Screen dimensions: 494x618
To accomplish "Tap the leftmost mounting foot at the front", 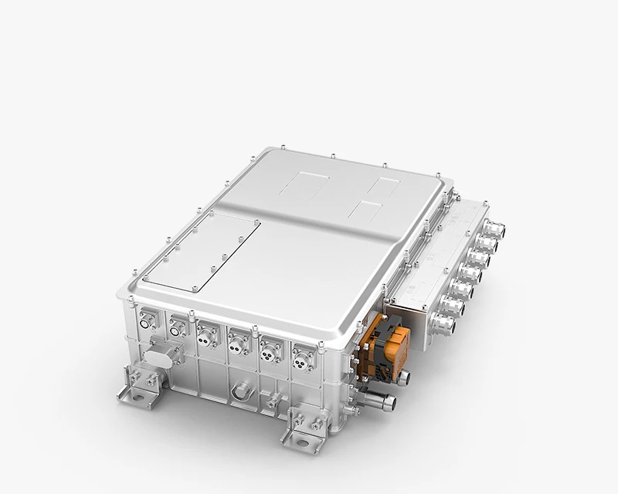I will click(x=139, y=385).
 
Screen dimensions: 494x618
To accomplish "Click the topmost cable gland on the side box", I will click(x=493, y=229).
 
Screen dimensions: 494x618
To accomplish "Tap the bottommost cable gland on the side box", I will click(x=446, y=324).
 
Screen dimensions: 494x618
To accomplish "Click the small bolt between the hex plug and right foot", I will click(x=271, y=401).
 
